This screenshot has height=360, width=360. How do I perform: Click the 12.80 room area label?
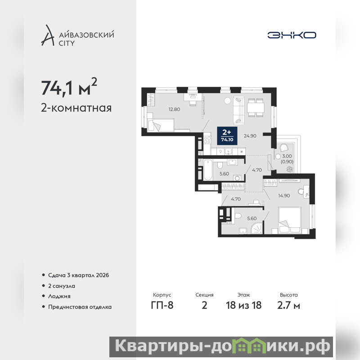174,109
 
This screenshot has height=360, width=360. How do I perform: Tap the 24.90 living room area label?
250,136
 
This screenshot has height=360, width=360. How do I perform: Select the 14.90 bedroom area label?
284,196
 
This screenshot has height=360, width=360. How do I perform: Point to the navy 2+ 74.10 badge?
227,136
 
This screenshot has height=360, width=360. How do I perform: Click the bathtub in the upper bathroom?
208,170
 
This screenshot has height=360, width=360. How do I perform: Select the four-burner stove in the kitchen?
207,140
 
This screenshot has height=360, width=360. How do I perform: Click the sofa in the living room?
238,111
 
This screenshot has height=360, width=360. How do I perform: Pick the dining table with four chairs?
256,108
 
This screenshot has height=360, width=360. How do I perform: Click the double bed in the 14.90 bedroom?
289,220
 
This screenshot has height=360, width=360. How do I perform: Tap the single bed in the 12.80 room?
161,125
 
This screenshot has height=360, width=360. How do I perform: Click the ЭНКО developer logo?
292,35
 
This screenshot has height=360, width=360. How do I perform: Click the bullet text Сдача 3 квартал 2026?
78,275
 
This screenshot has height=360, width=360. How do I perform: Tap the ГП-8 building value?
162,305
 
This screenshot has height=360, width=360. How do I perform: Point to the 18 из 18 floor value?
243,305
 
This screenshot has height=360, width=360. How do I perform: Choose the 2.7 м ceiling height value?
288,306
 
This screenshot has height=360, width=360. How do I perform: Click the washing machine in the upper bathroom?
238,178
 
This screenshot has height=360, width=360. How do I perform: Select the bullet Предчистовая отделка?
80,307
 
